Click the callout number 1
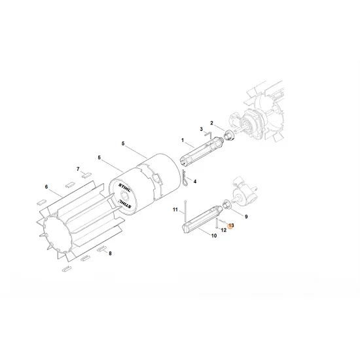(x=183, y=140)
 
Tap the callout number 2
(x=211, y=123)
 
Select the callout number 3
(x=201, y=130)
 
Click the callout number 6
(x=46, y=187)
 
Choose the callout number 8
(x=110, y=253)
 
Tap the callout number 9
(x=247, y=215)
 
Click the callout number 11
(x=175, y=209)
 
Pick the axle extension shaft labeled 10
(x=202, y=218)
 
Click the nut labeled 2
(x=230, y=135)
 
